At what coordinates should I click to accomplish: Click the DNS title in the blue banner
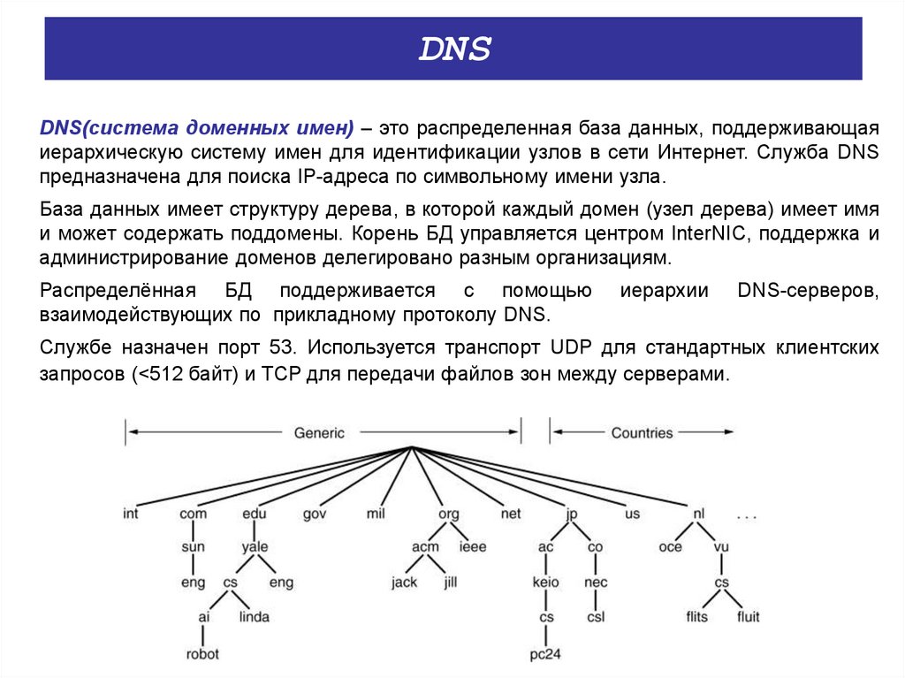[453, 50]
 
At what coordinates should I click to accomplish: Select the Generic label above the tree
[319, 433]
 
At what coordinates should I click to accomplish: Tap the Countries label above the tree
[642, 433]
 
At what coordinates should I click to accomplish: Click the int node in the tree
[131, 514]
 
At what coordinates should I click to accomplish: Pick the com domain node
[193, 514]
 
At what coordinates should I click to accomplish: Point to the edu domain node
[254, 514]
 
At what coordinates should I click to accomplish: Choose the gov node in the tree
[316, 514]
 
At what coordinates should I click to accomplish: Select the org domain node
[449, 514]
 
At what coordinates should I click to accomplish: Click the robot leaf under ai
[202, 655]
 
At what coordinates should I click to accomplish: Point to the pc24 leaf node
[546, 655]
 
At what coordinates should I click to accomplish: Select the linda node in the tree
[254, 616]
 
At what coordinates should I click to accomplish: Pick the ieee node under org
[473, 547]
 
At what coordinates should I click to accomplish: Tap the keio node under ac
[546, 583]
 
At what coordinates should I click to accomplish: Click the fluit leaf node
[748, 616]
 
